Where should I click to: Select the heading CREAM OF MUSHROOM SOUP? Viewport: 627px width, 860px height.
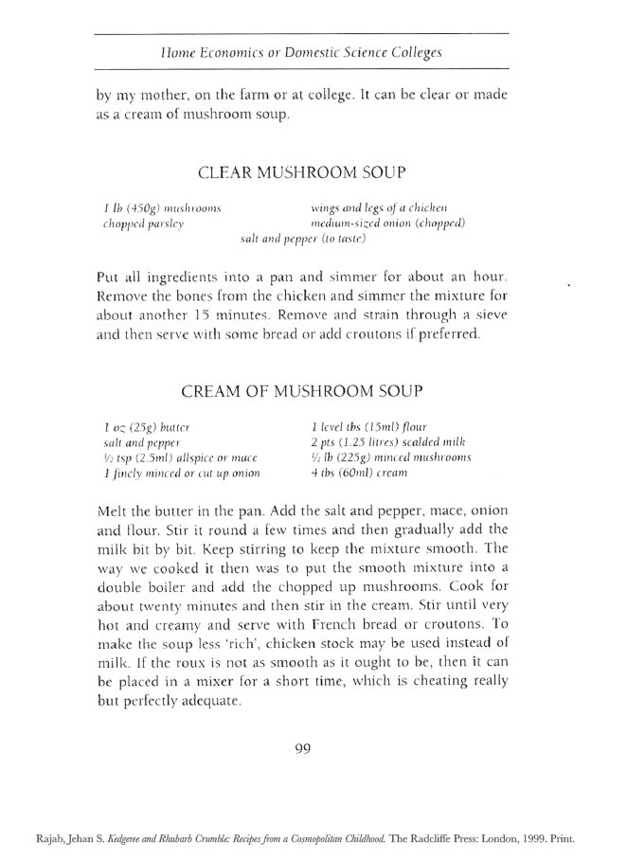tap(301, 390)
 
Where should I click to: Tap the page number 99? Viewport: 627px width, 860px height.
tap(303, 747)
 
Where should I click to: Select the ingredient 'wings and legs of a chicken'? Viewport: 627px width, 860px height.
tap(379, 207)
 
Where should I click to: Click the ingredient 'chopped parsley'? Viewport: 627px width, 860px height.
tap(143, 224)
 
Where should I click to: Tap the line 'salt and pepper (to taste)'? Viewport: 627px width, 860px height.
tap(303, 240)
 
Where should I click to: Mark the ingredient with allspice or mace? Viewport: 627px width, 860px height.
tap(178, 457)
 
